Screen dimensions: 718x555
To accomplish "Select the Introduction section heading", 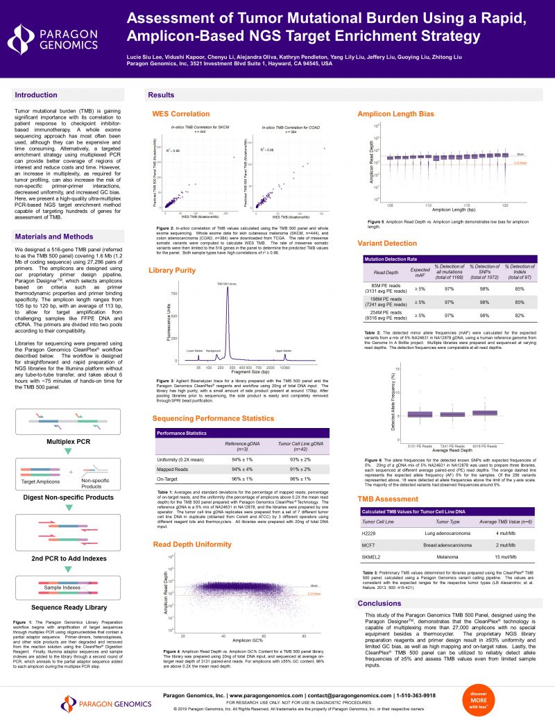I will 36,94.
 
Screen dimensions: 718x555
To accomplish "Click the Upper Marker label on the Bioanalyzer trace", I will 284,352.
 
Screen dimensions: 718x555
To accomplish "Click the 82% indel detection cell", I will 519,316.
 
